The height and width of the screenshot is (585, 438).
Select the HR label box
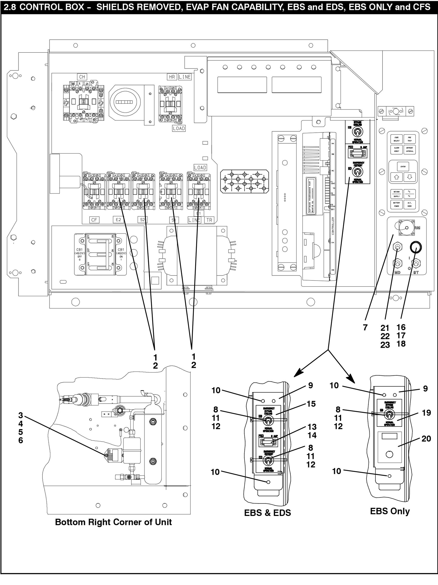(x=172, y=77)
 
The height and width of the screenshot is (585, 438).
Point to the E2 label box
(x=118, y=219)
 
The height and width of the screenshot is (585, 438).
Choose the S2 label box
(x=143, y=220)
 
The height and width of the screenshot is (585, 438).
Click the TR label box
(x=209, y=220)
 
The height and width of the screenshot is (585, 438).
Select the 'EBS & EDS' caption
(x=267, y=513)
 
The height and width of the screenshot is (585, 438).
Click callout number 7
(x=365, y=327)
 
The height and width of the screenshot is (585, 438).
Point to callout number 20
(x=426, y=438)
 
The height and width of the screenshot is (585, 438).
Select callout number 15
(x=311, y=404)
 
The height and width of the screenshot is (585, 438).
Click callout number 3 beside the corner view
(x=21, y=415)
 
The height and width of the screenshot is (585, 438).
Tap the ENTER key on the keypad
(x=403, y=167)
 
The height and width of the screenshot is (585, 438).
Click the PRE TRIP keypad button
(x=409, y=139)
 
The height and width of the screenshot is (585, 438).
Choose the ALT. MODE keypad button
(x=409, y=204)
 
